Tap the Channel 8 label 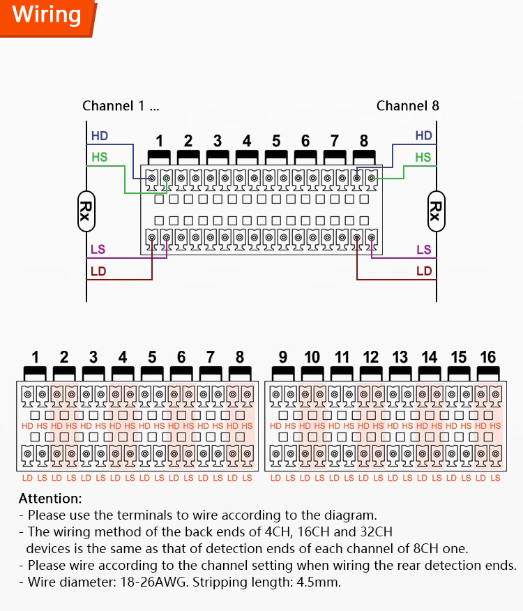coord(408,106)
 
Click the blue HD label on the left coord(100,136)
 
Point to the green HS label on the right coord(423,158)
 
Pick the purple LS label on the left coord(98,250)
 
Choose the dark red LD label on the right coord(424,271)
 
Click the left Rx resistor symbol coord(86,211)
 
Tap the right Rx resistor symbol coord(437,211)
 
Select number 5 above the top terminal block coord(276,141)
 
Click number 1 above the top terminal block coord(159,141)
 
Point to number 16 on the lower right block coord(487,358)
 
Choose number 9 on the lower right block coord(282,358)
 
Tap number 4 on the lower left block coord(123,358)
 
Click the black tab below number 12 coord(370,373)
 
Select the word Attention coord(50,499)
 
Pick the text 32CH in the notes coord(378,532)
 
